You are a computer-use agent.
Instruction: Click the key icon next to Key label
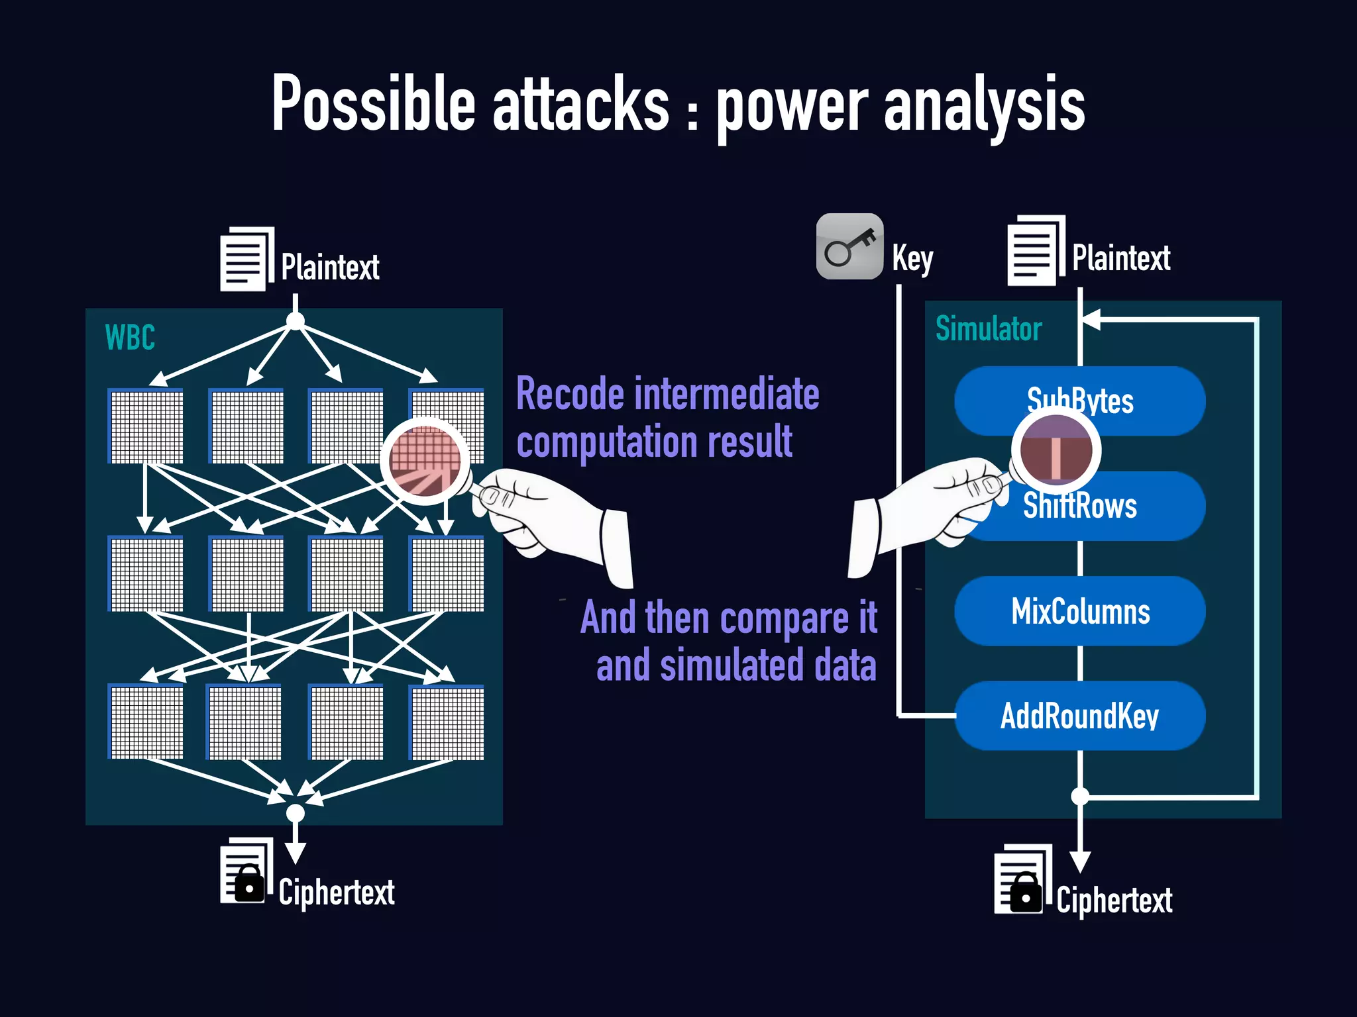tap(849, 247)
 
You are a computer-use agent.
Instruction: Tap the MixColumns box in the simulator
tap(1080, 611)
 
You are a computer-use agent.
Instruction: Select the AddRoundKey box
tap(1080, 716)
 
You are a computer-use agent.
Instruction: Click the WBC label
tap(130, 338)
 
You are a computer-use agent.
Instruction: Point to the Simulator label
tap(988, 329)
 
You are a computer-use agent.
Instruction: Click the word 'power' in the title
tap(792, 106)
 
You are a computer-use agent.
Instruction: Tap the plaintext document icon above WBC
tap(246, 259)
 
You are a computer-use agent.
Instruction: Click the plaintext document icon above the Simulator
tap(1035, 251)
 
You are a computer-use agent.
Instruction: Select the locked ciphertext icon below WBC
tap(246, 873)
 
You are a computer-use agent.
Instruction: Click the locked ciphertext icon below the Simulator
tap(1022, 881)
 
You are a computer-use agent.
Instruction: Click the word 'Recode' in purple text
tap(570, 395)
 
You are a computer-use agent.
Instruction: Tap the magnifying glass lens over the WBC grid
tap(425, 461)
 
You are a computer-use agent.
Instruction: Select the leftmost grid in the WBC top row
tap(146, 426)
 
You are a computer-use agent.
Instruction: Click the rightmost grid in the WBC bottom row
tap(447, 722)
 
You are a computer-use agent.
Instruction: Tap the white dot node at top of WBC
tap(296, 322)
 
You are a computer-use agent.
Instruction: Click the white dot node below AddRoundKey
tap(1080, 796)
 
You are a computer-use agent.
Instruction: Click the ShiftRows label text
tap(1080, 507)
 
